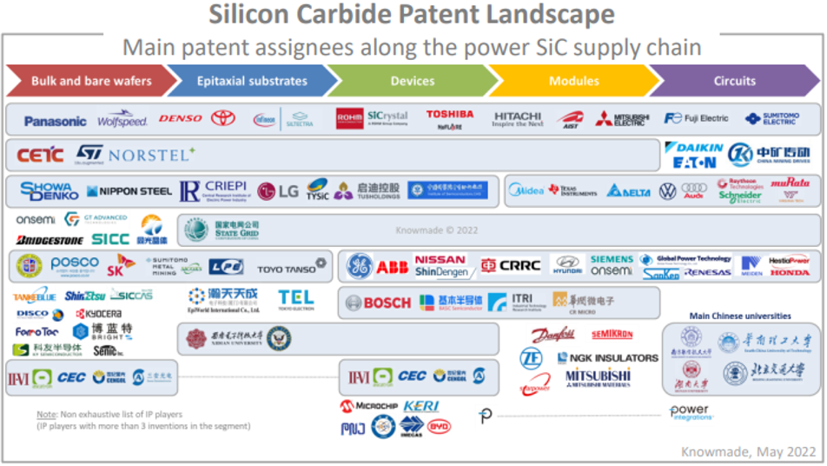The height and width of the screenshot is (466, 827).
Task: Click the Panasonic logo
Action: [56, 121]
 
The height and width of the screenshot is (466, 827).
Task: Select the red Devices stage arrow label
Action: [412, 81]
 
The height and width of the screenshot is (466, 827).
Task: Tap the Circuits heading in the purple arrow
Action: [734, 81]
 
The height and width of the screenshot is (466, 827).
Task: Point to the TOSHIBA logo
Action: [450, 115]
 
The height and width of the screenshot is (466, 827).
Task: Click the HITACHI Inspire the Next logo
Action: [518, 119]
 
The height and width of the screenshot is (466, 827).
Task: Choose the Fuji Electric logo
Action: [696, 118]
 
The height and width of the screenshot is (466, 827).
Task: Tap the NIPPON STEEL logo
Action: [129, 191]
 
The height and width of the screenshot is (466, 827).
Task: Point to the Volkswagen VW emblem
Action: [667, 191]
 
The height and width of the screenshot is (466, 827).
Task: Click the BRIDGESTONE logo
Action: [50, 239]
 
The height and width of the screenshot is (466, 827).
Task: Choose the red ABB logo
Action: [393, 267]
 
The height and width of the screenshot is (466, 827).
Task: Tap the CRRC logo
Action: [512, 266]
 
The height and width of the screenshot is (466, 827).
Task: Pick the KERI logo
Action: [421, 406]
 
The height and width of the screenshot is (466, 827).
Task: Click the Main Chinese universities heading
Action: [740, 316]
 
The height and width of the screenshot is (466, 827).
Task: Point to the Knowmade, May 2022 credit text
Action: [748, 451]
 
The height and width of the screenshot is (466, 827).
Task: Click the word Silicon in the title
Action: [253, 15]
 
